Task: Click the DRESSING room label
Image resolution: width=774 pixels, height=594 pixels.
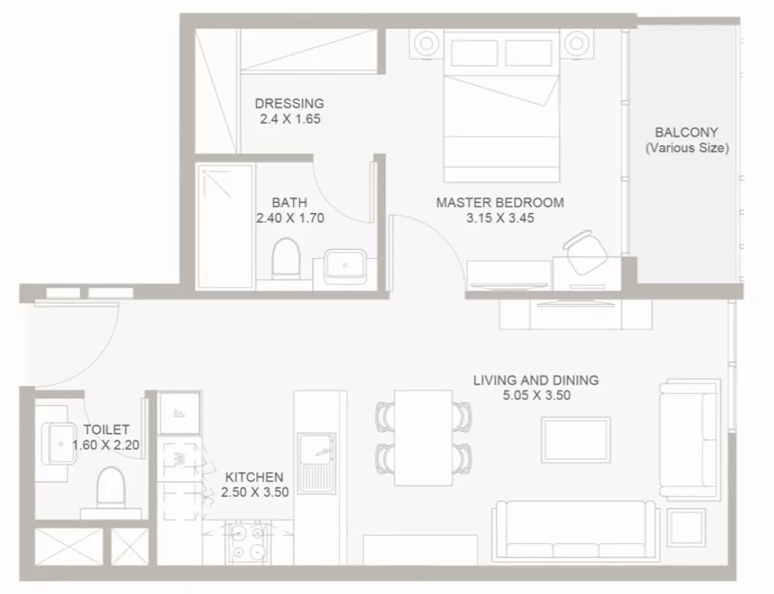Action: pyautogui.click(x=289, y=103)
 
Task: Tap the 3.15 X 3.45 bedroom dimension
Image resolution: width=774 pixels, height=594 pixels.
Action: pyautogui.click(x=500, y=218)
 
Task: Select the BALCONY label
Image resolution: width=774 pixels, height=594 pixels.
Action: pyautogui.click(x=686, y=132)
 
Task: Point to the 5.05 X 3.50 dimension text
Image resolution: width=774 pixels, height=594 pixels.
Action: pyautogui.click(x=537, y=395)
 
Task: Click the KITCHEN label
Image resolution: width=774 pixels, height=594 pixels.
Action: pyautogui.click(x=254, y=477)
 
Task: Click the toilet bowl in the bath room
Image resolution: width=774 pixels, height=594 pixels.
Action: pyautogui.click(x=286, y=257)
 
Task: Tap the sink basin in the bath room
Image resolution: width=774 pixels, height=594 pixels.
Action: pyautogui.click(x=345, y=266)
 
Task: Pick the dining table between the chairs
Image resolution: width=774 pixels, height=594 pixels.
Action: pyautogui.click(x=423, y=438)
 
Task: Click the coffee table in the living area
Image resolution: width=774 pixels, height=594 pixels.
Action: pyautogui.click(x=576, y=440)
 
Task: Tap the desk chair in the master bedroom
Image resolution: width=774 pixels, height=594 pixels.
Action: pyautogui.click(x=585, y=252)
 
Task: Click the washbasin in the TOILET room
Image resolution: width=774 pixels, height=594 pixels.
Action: pyautogui.click(x=59, y=444)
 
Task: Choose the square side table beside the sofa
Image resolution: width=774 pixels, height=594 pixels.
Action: pyautogui.click(x=686, y=527)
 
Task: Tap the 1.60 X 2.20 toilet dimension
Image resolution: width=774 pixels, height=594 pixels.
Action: pyautogui.click(x=105, y=445)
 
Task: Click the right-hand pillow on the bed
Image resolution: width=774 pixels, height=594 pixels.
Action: pyautogui.click(x=529, y=53)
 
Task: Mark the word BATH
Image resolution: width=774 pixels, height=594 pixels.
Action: pyautogui.click(x=289, y=202)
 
